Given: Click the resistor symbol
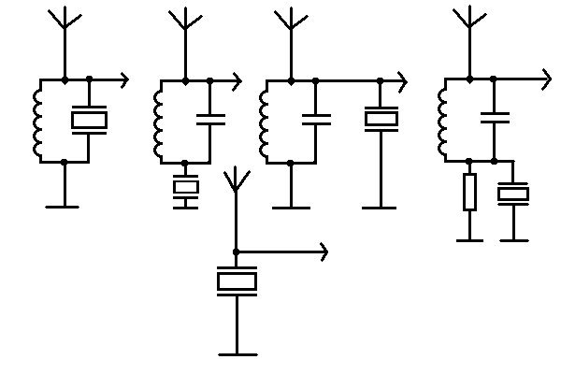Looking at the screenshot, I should pos(469,191).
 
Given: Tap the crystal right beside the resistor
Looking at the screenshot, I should pos(512,194).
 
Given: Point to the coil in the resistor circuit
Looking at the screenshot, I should pos(443,119).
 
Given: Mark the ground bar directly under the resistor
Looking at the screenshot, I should pos(469,240).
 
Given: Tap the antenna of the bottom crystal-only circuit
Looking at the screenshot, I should pos(237,182).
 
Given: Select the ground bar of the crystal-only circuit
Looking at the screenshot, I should pos(237,354).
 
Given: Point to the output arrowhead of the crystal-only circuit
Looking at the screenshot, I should pos(323,252).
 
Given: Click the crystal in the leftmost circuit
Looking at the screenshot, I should pos(89,120).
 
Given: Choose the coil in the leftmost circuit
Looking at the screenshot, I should pos(39,120).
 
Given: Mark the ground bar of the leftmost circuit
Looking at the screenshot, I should pos(64,206).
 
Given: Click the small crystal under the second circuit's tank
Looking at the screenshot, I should pos(186,189).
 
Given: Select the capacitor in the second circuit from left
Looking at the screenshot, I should pos(209,119).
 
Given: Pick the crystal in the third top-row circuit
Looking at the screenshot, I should pos(381,119).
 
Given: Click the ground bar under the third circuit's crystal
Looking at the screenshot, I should pos(381,207).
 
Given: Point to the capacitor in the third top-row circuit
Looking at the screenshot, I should pos(316,119).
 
